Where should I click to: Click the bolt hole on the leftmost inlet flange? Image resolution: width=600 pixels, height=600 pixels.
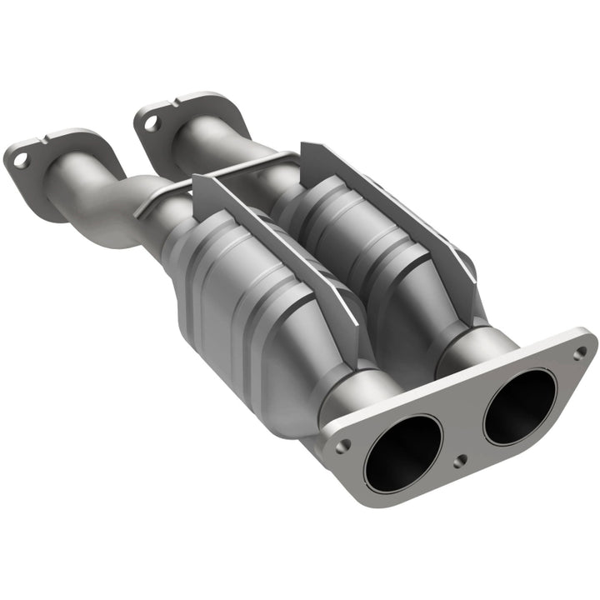21,161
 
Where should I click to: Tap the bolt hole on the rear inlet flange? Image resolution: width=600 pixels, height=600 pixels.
152,122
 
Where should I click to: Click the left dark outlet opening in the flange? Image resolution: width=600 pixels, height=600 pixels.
402,452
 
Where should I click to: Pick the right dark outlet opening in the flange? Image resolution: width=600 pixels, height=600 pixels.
519,406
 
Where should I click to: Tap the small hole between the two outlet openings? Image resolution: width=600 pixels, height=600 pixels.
457,461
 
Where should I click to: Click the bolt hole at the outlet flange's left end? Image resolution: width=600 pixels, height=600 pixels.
341,447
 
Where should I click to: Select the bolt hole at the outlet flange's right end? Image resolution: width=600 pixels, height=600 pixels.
578,352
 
